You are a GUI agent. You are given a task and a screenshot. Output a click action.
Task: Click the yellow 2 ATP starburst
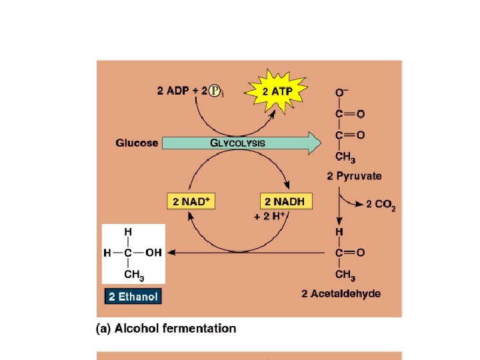pos(275,91)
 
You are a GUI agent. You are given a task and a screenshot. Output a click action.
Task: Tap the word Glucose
pos(137,143)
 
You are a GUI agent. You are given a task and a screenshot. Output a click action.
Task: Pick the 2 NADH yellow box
pos(285,201)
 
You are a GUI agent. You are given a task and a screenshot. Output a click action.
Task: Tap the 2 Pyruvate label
pos(355,176)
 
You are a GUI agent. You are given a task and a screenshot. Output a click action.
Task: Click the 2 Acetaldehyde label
pos(341,293)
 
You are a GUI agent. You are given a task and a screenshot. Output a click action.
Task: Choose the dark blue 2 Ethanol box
pos(133,296)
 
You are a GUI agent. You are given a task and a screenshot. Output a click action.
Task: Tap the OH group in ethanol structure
pos(153,252)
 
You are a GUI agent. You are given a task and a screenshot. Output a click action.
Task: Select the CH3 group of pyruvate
pos(345,158)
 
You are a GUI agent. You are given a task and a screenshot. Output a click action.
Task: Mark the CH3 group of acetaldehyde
pos(345,275)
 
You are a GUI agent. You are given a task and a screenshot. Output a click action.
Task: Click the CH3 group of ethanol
pos(134,275)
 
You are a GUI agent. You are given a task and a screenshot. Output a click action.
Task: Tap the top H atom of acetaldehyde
pos(339,231)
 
